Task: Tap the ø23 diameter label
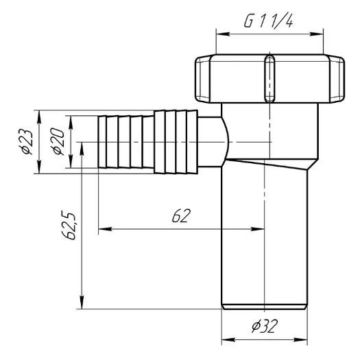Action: click(x=27, y=143)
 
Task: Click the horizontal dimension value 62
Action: click(x=180, y=216)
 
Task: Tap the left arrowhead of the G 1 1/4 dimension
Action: click(x=221, y=32)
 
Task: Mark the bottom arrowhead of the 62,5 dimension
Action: click(x=82, y=307)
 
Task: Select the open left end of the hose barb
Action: click(x=100, y=143)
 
